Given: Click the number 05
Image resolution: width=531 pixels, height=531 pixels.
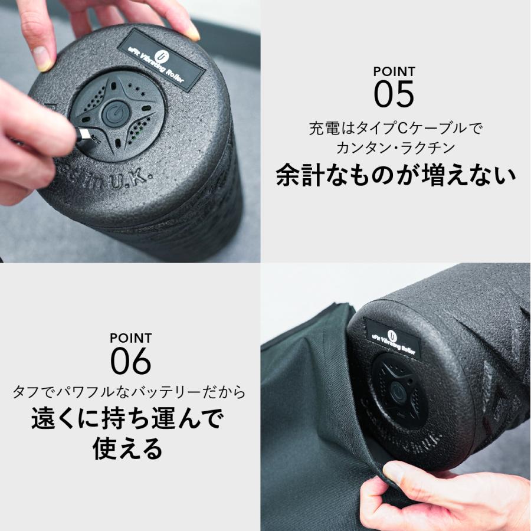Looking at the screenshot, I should [x=394, y=95].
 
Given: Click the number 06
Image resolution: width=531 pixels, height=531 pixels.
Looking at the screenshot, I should [x=131, y=362].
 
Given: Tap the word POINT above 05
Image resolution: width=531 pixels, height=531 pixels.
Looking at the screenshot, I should [x=394, y=72].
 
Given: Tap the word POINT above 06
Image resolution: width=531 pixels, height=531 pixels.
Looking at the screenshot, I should [x=131, y=339].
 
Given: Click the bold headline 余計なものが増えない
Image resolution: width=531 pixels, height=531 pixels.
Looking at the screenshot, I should [x=395, y=175].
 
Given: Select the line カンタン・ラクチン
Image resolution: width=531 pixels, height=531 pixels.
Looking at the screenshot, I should [x=394, y=147].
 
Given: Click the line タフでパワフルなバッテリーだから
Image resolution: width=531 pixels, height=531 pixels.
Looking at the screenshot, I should [x=129, y=392].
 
